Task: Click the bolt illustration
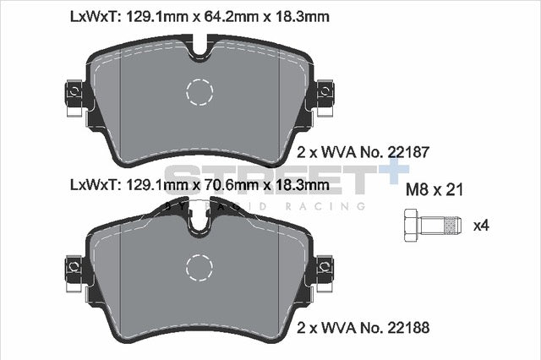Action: [427, 226]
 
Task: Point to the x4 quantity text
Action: [481, 226]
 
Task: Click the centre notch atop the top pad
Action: [201, 51]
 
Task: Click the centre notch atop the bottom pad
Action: [201, 222]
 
